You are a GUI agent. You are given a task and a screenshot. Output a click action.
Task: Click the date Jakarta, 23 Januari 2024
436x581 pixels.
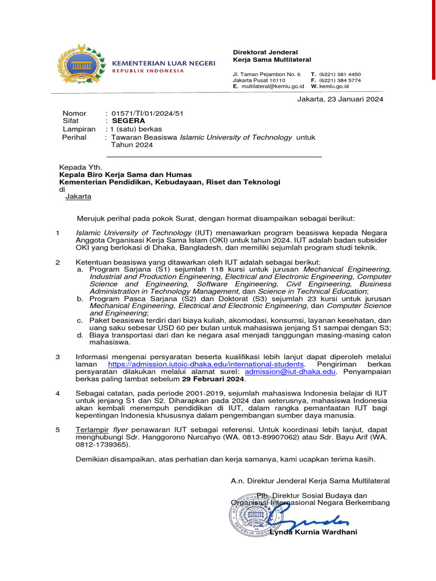point(341,99)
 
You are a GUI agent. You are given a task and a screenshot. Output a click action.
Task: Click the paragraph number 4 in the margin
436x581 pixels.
point(57,393)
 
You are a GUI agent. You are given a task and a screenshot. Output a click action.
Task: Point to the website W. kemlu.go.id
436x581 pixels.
point(330,86)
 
